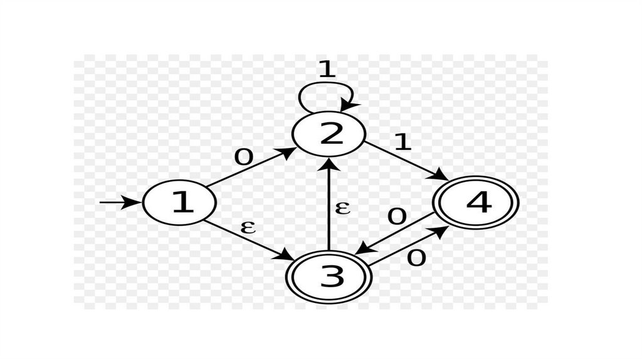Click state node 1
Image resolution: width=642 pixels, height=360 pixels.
pos(179,203)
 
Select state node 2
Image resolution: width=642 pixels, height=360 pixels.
pos(329,135)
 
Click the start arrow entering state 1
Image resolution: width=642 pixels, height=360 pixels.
pos(119,202)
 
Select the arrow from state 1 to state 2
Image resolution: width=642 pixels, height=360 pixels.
pos(251,167)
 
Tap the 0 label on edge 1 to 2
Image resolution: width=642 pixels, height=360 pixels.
pos(243,157)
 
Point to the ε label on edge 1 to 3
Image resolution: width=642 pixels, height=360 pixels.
pos(248,226)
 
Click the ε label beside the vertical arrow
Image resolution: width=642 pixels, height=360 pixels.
pos(342,207)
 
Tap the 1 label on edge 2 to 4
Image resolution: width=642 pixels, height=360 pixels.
pos(402,142)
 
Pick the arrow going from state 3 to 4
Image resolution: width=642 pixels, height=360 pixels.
pos(408,246)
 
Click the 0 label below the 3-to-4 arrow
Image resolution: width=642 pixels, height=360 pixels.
pos(416,257)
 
